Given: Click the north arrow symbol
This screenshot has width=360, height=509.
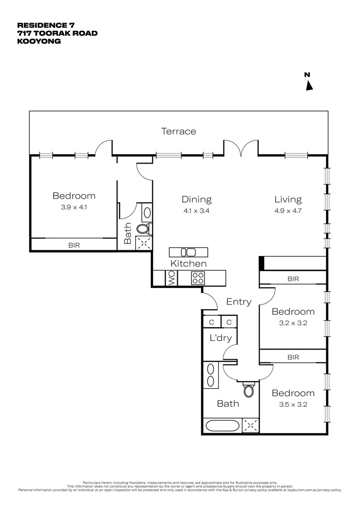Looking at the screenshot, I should click(310, 85).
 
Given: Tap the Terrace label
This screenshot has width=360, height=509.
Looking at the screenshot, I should click(179, 131).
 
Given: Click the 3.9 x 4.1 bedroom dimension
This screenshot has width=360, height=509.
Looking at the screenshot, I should click(74, 207).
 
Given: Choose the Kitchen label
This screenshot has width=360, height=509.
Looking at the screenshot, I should click(188, 263).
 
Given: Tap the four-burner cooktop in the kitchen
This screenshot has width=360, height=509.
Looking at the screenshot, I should click(197, 278).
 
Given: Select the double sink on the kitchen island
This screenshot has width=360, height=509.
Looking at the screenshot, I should click(188, 252).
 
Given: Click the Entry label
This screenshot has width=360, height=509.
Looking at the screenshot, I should click(238, 302).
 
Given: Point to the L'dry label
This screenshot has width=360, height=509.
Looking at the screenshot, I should click(220, 337).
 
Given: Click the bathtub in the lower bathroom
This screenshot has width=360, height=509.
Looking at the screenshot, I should click(223, 426).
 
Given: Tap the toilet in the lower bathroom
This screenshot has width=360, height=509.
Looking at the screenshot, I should click(249, 390).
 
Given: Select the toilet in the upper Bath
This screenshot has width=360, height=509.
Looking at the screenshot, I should click(143, 229).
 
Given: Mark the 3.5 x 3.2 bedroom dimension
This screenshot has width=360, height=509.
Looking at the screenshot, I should click(292, 404).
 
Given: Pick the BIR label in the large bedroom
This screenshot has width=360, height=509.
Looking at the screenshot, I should click(74, 245).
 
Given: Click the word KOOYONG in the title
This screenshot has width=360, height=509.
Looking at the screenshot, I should click(39, 41).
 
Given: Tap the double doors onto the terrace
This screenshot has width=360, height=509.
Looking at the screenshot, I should click(241, 148).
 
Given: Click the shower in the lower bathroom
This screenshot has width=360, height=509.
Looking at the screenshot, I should click(251, 426).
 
